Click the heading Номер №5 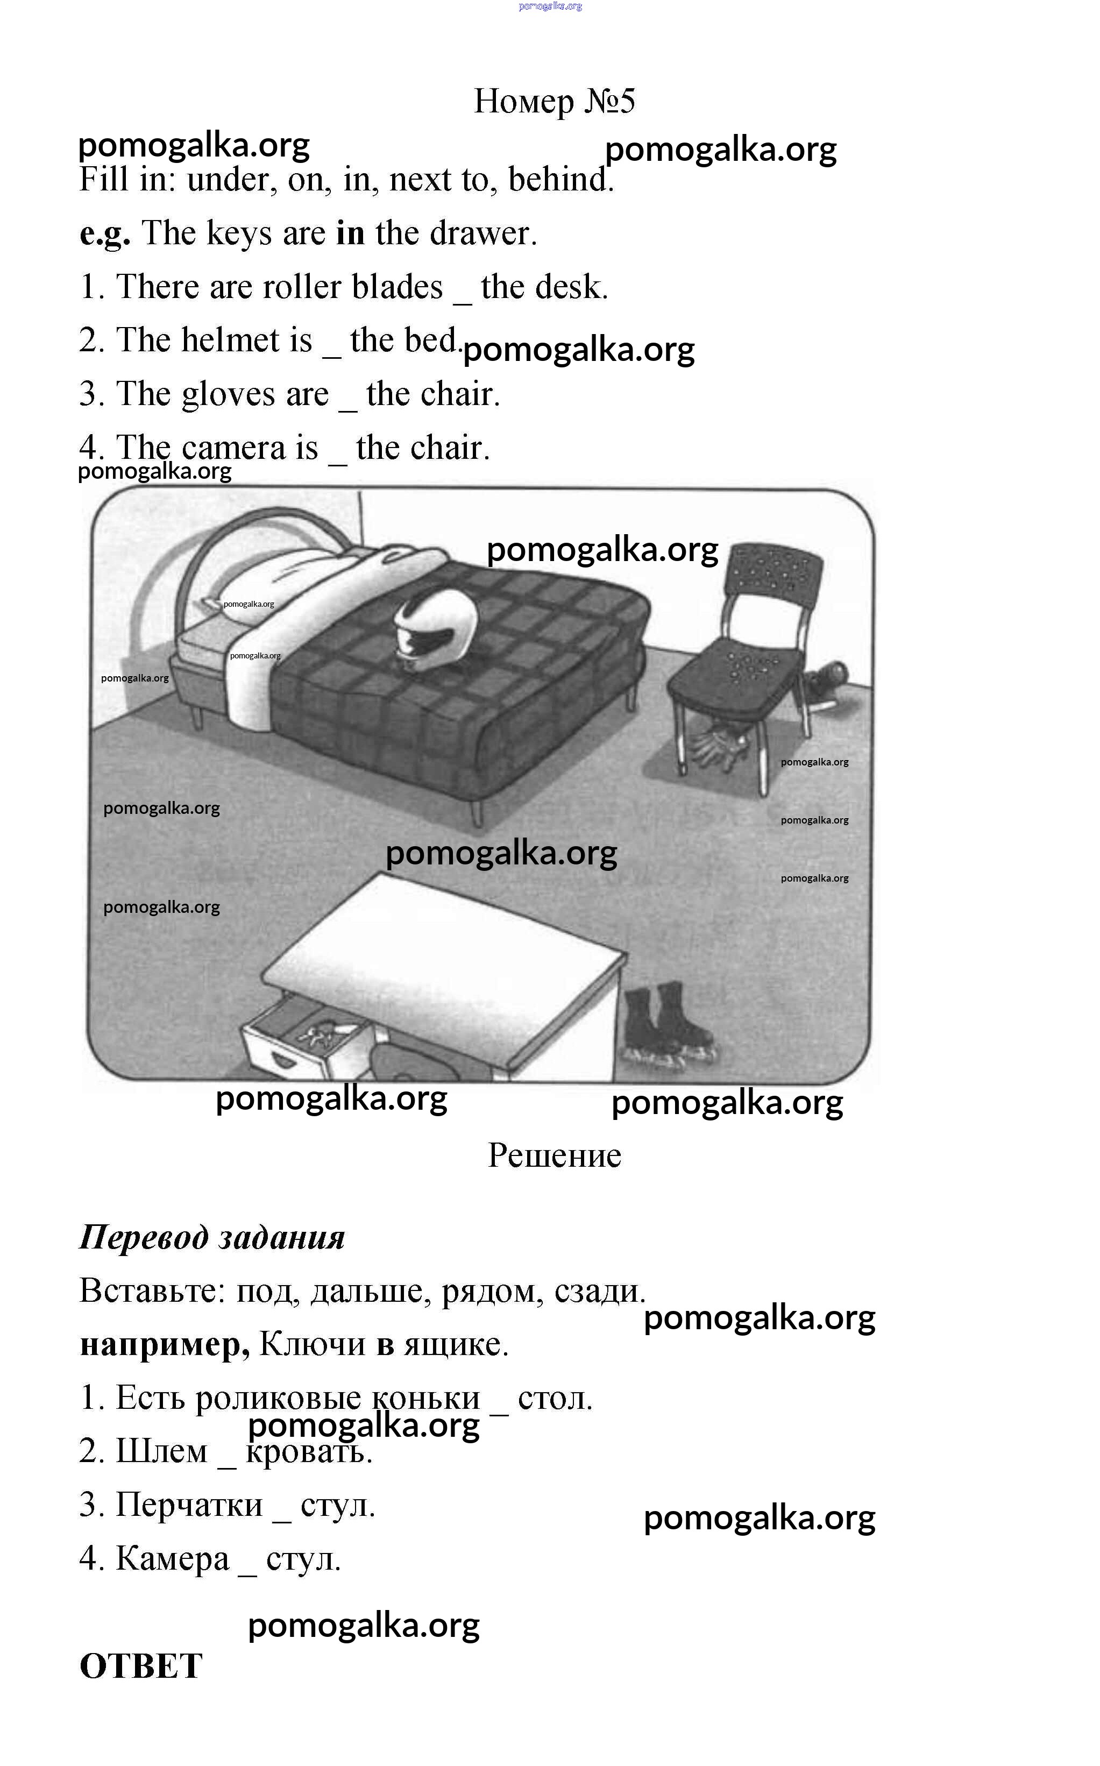555,101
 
